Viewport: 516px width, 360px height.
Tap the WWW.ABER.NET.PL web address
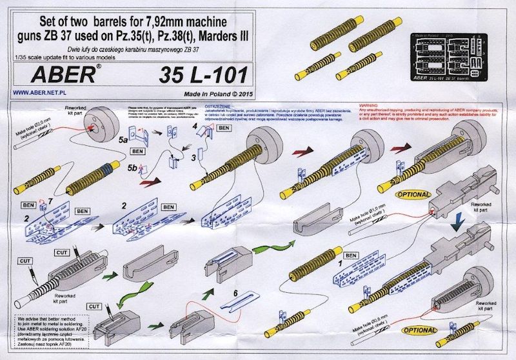(39, 93)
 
